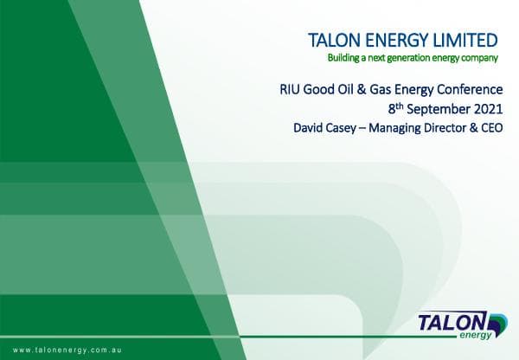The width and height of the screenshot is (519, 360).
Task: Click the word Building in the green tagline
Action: click(343, 59)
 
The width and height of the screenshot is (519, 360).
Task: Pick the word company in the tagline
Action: click(480, 59)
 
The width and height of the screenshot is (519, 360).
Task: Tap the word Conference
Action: click(466, 89)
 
